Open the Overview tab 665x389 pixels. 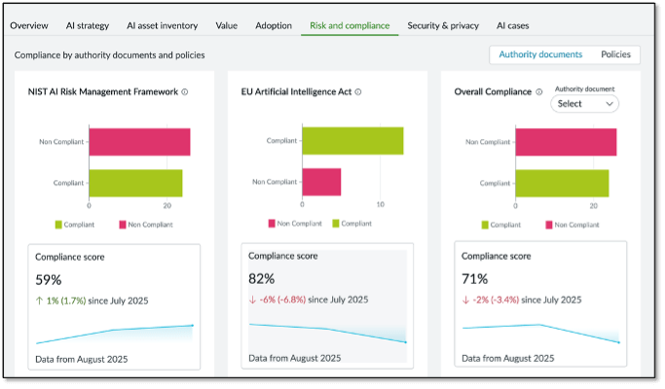coord(29,25)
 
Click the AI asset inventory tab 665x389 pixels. coord(162,25)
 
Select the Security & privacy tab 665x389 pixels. coord(443,25)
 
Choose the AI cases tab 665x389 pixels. coord(513,25)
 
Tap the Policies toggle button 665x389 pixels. coord(615,54)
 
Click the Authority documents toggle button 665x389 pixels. coord(540,54)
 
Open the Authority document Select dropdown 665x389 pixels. coord(584,103)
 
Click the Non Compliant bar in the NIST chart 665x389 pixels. coord(139,142)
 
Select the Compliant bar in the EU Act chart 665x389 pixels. coord(352,141)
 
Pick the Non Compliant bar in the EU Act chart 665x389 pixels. coord(321,182)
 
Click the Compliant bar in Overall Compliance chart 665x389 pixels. coord(562,183)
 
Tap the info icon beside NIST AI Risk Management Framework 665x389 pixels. coord(185,92)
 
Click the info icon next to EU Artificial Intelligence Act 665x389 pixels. coord(358,92)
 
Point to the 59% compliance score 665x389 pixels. coord(49,280)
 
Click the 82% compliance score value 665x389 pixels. coord(262,279)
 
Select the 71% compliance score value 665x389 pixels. coord(474,280)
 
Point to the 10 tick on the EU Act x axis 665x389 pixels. coord(380,206)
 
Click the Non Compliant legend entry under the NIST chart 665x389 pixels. coord(145,225)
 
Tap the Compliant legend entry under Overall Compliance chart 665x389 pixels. coord(499,225)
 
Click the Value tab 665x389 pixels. coord(227,25)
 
